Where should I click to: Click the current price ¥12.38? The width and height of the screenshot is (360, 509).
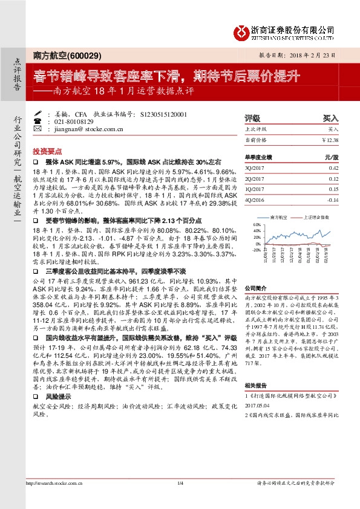(329, 140)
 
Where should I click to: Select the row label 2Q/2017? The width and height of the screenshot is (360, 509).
(255, 178)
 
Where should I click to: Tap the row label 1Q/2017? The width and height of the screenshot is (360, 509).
(255, 189)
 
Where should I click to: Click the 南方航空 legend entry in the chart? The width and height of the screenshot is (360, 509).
(279, 216)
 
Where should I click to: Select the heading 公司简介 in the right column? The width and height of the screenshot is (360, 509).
(255, 289)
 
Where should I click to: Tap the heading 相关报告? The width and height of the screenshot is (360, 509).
(255, 384)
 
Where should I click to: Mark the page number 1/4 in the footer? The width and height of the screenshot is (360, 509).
(180, 484)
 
